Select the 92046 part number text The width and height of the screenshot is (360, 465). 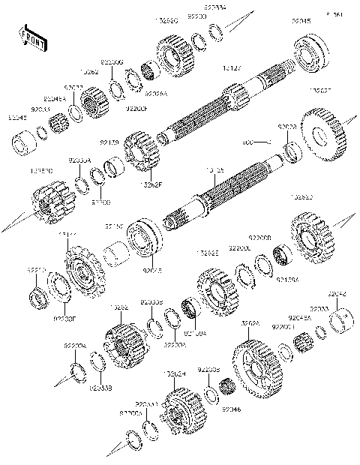click(231, 409)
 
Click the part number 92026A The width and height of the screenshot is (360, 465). click(156, 94)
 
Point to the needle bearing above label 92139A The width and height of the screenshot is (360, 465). click(283, 256)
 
